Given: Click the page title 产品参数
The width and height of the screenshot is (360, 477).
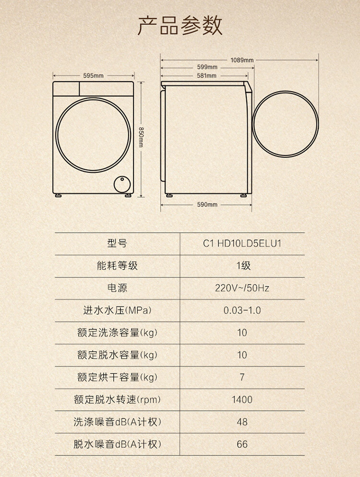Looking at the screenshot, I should (180, 25).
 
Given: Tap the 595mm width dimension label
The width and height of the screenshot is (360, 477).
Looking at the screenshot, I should (93, 76).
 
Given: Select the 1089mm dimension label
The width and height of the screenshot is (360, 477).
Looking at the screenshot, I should (242, 60).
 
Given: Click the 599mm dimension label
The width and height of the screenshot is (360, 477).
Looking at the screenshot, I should (207, 67).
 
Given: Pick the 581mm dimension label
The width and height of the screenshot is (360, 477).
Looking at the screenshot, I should (206, 76).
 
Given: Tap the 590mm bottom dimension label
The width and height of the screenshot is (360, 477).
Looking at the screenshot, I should (207, 205).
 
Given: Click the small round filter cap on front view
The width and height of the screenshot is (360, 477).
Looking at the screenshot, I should (122, 184).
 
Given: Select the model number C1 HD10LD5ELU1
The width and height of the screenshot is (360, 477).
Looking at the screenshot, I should (242, 244).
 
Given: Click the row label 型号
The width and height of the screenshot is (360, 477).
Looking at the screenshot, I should (117, 244).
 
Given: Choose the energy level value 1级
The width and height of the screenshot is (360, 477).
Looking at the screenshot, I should (242, 266).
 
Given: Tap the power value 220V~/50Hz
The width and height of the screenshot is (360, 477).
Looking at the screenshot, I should (242, 288).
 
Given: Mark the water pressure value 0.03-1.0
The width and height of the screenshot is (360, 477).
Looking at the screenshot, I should (242, 310).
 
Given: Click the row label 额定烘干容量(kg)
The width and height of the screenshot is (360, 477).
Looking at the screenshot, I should (117, 377).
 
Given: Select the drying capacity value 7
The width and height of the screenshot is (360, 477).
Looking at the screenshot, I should (242, 377).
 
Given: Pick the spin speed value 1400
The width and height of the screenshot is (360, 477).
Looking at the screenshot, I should (242, 400).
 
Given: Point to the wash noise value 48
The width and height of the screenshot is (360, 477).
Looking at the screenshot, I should (242, 422).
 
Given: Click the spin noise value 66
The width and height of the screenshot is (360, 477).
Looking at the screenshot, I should (242, 444).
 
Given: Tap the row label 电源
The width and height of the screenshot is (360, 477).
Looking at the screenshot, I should (117, 288).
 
